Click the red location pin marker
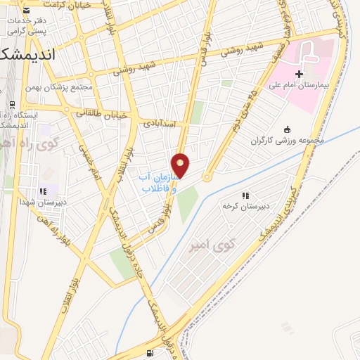(x=181, y=165)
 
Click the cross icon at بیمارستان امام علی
(x=299, y=74)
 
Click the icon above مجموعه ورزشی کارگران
(x=286, y=129)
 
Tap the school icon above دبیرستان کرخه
(x=245, y=195)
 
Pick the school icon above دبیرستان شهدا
(x=43, y=191)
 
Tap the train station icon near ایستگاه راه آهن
(x=12, y=105)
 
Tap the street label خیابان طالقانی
(x=102, y=113)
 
